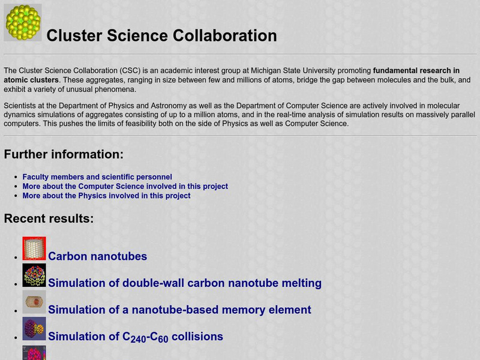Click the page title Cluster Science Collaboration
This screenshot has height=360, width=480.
161,35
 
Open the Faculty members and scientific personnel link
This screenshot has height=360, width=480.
97,177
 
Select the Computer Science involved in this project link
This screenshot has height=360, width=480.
125,186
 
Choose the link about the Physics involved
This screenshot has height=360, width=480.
106,196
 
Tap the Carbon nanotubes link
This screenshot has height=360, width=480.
97,256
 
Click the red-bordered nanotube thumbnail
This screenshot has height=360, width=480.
34,248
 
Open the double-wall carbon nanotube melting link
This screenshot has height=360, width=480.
185,283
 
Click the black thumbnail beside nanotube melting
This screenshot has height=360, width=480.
34,275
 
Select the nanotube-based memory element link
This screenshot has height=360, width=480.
179,310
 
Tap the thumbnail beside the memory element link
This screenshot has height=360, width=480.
34,302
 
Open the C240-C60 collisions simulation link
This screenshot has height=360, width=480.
136,337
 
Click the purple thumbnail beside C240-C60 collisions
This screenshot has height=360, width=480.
34,329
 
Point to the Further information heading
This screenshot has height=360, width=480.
64,154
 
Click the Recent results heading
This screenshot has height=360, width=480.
49,218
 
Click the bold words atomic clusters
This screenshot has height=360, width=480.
31,80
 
